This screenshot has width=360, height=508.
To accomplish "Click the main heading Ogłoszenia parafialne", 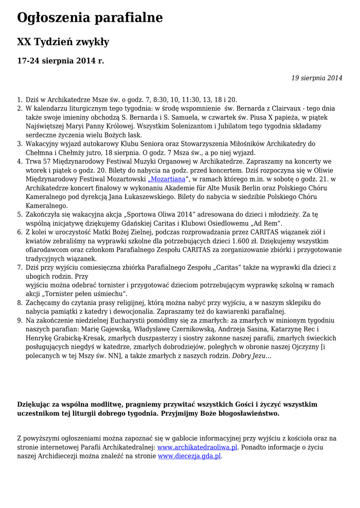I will [x=90, y=18].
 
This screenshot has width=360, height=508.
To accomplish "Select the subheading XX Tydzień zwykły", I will [x=63, y=42].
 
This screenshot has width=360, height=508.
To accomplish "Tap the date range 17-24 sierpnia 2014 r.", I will [x=61, y=61].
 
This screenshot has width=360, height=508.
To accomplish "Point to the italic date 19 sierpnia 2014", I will [x=316, y=78].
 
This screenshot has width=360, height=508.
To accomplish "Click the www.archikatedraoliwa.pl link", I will [x=198, y=447].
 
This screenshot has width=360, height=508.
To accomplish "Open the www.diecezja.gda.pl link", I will [x=189, y=456].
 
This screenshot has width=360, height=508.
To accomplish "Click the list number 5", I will [x=20, y=214].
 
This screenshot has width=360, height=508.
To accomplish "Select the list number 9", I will [x=20, y=320].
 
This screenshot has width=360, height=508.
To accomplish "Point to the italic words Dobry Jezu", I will [x=252, y=356].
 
